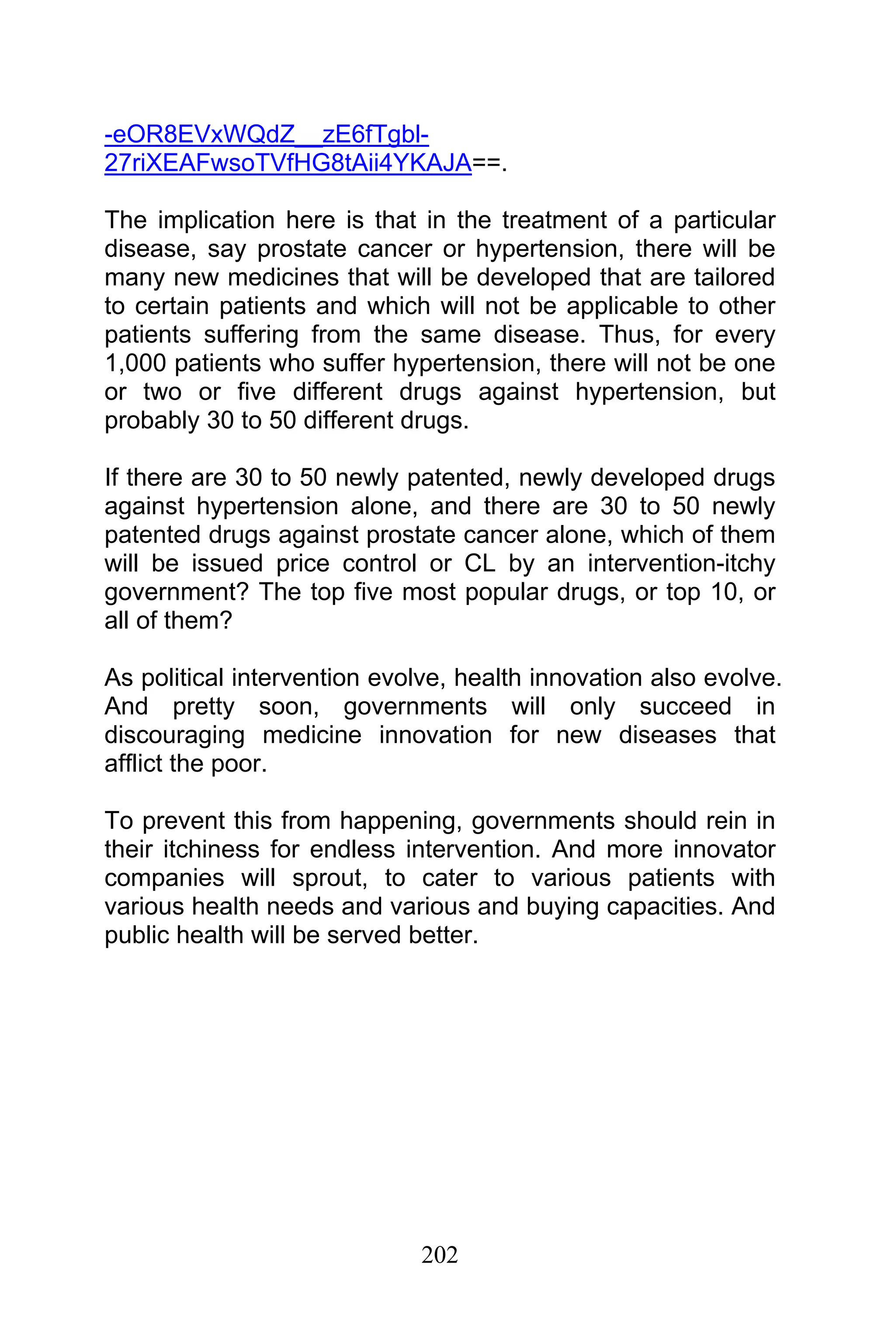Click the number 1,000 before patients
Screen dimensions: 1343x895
click(x=135, y=363)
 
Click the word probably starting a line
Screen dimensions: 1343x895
click(x=151, y=421)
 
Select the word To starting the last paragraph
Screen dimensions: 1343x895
click(x=119, y=821)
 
